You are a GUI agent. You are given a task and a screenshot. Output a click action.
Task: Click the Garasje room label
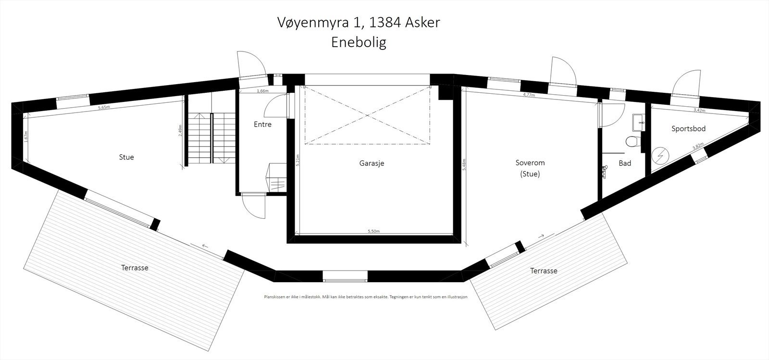pos(372,163)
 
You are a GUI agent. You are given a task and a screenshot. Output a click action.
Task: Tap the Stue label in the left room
pos(126,157)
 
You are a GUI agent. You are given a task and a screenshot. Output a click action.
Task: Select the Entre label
pos(262,124)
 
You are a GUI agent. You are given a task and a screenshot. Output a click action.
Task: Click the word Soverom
pos(530,163)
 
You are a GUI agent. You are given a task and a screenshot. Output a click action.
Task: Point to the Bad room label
pos(625,163)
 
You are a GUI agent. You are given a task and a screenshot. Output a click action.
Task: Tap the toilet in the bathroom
pos(633,142)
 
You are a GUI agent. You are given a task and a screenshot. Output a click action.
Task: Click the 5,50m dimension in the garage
pos(374,232)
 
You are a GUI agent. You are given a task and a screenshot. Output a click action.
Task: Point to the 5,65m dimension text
pos(104,108)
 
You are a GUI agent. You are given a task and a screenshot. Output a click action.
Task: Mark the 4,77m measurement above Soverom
pos(529,95)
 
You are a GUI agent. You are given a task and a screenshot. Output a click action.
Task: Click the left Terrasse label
pos(135,268)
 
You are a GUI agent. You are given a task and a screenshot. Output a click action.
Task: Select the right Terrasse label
pos(544,271)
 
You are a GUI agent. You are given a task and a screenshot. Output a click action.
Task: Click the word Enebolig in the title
pos(359,42)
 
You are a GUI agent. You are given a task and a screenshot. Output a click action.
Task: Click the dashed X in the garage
pos(368,115)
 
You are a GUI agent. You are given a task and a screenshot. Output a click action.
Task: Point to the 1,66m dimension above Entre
pos(262,91)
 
